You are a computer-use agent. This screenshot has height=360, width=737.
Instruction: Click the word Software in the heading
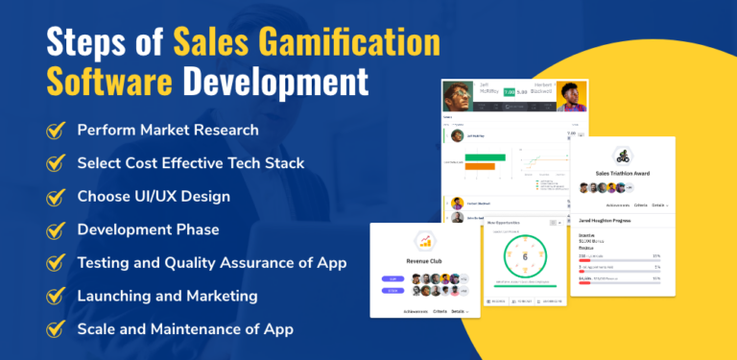pyautogui.click(x=92, y=81)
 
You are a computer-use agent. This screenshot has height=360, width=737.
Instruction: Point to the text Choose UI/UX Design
pyautogui.click(x=154, y=196)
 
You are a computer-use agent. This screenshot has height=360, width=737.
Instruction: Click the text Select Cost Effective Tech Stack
pyautogui.click(x=191, y=162)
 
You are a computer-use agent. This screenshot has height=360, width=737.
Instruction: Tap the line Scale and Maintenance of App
pyautogui.click(x=185, y=328)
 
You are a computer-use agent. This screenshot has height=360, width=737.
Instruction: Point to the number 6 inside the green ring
pyautogui.click(x=524, y=256)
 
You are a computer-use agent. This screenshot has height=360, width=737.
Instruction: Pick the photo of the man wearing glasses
pyautogui.click(x=458, y=97)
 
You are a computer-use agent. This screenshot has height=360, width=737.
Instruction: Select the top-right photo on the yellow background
pyautogui.click(x=571, y=95)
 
